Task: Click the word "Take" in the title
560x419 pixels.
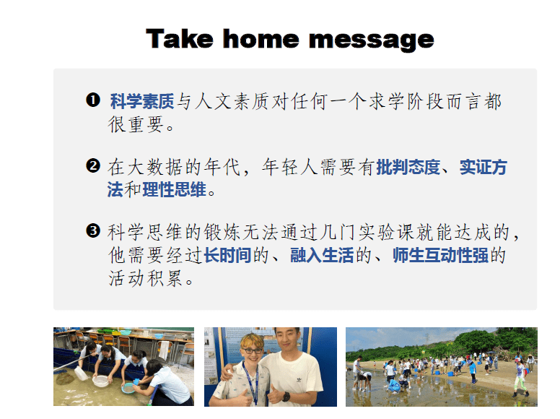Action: click(x=180, y=38)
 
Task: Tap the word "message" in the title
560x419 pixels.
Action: click(x=372, y=40)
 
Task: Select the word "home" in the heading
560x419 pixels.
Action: click(x=261, y=38)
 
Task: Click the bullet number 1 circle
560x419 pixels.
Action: click(x=93, y=100)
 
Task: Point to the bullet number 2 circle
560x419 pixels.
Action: click(x=93, y=165)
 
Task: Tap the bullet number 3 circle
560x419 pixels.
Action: click(x=93, y=230)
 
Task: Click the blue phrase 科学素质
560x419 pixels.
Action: click(x=142, y=101)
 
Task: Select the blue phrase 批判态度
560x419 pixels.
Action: click(x=408, y=167)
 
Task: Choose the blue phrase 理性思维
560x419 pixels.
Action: click(x=175, y=189)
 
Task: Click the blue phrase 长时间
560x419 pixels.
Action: click(x=227, y=255)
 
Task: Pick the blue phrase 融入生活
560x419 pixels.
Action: click(x=322, y=255)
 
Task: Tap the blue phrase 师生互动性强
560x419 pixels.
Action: click(x=440, y=255)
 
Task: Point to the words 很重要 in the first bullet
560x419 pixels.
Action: click(x=136, y=124)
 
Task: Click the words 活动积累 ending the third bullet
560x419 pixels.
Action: click(x=146, y=278)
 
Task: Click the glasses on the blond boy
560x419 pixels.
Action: click(x=253, y=350)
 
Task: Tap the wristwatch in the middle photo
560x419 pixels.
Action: click(x=286, y=396)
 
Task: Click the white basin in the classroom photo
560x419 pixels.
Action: click(x=101, y=381)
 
